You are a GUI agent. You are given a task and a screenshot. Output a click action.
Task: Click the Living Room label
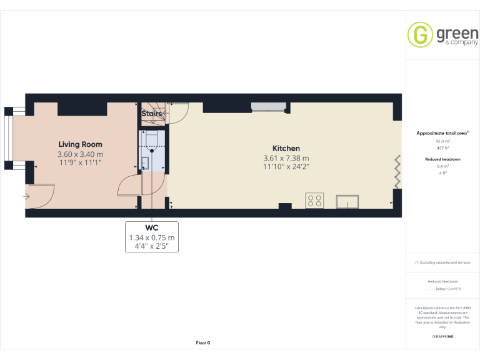pyautogui.click(x=80, y=144)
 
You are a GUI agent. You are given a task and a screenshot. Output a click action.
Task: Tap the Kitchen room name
pyautogui.click(x=286, y=148)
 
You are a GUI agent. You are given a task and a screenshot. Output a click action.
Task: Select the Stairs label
pyautogui.click(x=152, y=114)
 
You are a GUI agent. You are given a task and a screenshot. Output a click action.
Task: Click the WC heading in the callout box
pyautogui.click(x=152, y=227)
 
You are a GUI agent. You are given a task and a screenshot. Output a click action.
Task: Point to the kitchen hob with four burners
pyautogui.click(x=315, y=201)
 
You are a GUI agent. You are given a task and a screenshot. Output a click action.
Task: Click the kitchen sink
pyautogui.click(x=347, y=201)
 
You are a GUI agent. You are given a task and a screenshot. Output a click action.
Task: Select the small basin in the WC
pyautogui.click(x=144, y=164)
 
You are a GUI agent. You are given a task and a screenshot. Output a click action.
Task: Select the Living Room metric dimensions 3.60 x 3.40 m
pyautogui.click(x=80, y=154)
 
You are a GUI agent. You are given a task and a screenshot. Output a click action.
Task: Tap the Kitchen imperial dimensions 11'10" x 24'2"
pyautogui.click(x=286, y=167)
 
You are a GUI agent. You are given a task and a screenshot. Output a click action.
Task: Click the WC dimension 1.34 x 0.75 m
pyautogui.click(x=152, y=237)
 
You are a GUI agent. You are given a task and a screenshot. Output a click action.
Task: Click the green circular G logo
pyautogui.click(x=420, y=34)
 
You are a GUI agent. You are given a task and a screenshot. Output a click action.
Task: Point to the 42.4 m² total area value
pyautogui.click(x=442, y=141)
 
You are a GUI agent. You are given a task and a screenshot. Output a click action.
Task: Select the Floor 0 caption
pyautogui.click(x=203, y=342)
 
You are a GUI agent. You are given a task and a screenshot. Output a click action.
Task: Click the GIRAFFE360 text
pyautogui.click(x=442, y=337)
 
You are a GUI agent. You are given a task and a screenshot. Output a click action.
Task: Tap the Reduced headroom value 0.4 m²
pyautogui.click(x=442, y=166)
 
